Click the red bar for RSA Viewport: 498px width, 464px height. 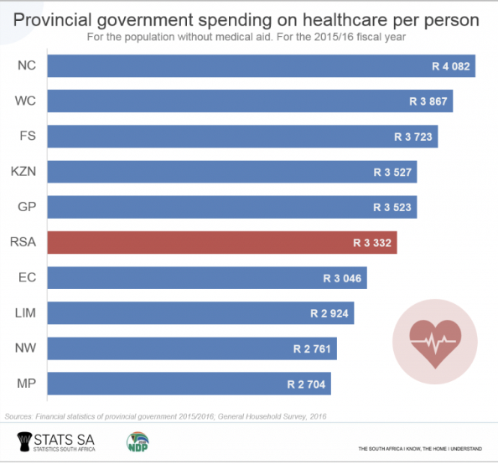[221, 243]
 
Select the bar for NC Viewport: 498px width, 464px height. [261, 66]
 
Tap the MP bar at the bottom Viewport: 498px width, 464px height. [189, 384]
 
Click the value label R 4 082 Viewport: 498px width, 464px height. [448, 66]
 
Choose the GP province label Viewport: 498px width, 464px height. [25, 207]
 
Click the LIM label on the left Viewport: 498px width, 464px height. [24, 313]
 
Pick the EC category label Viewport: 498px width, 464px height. [25, 278]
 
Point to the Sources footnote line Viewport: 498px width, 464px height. [165, 415]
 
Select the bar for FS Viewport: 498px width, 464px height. [242, 137]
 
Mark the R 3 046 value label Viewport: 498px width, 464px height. [340, 278]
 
